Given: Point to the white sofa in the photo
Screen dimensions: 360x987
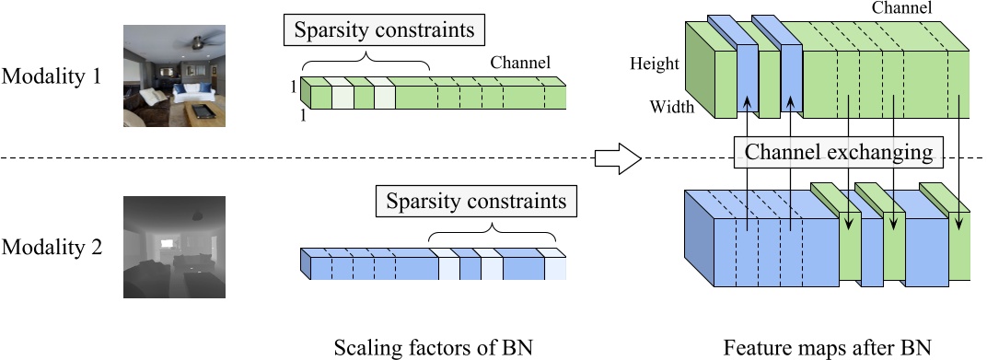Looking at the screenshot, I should click(x=194, y=92).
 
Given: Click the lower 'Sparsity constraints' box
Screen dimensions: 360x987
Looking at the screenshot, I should click(x=475, y=201).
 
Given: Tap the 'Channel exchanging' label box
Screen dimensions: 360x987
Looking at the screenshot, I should click(x=838, y=151).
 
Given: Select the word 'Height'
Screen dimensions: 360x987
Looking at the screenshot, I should click(x=654, y=64).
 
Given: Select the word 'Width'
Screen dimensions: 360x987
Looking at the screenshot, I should click(x=671, y=107).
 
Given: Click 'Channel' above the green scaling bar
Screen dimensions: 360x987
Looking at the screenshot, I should click(x=520, y=64).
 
